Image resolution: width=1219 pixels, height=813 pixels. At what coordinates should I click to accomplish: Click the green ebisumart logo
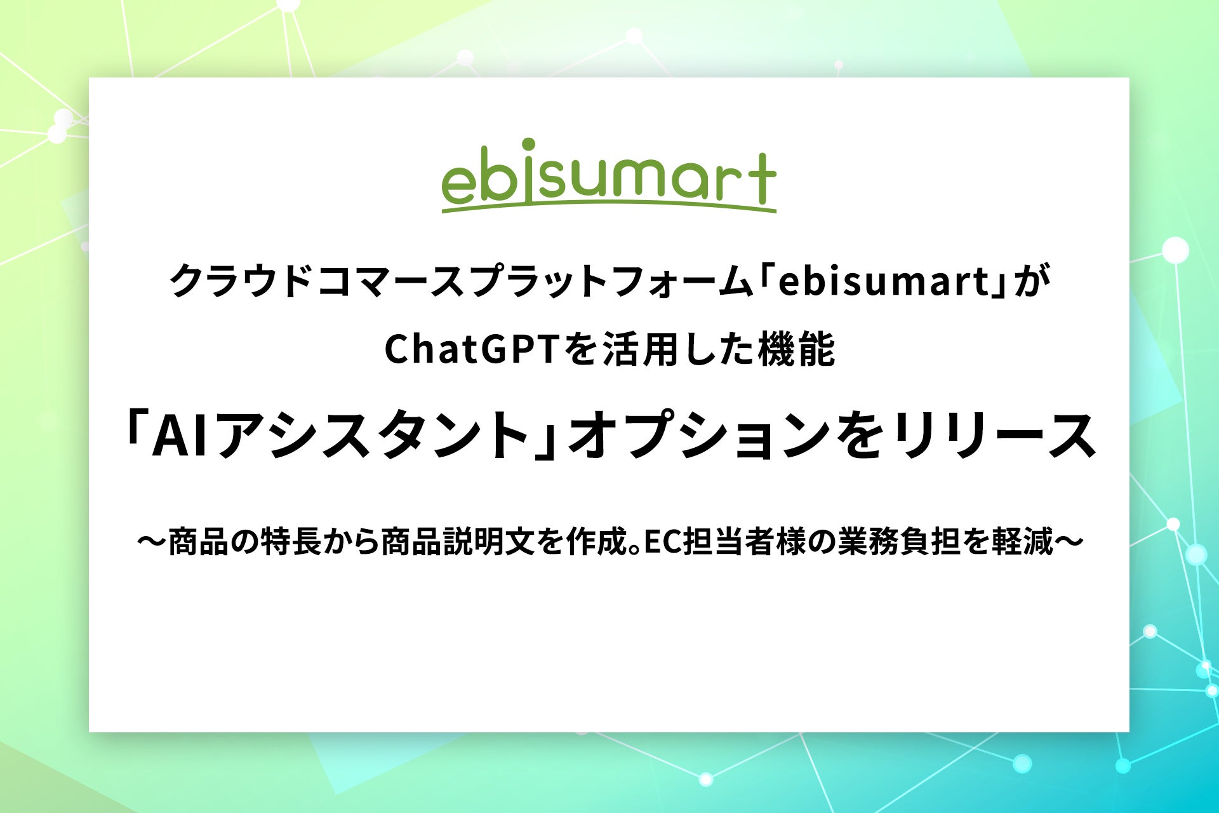pyautogui.click(x=609, y=176)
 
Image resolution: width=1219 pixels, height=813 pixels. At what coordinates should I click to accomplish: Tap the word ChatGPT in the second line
pyautogui.click(x=473, y=350)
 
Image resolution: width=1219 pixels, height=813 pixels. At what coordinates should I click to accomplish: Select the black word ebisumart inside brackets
pyautogui.click(x=884, y=281)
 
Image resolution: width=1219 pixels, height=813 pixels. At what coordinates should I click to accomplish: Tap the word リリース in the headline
pyautogui.click(x=994, y=435)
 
